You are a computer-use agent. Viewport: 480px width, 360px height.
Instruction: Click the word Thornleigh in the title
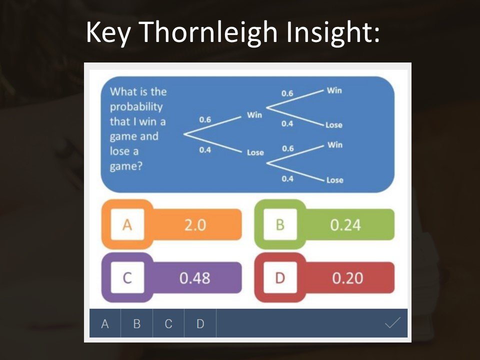(209, 32)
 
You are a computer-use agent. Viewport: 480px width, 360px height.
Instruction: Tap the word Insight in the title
(329, 32)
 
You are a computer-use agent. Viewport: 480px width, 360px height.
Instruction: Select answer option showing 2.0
(195, 225)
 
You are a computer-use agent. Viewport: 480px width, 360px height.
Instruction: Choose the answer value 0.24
(345, 225)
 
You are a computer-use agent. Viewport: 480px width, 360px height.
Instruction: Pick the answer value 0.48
(194, 278)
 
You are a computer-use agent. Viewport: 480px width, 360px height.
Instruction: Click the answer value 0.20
(347, 278)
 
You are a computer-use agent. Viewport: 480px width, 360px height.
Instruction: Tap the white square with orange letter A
(127, 224)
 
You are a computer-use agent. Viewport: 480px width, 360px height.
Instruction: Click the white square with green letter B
(280, 224)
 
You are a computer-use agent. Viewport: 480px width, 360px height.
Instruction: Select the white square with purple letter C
(127, 277)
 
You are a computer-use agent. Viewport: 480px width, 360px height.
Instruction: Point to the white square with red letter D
(280, 277)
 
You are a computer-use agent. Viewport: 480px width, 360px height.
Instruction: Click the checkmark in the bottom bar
(392, 322)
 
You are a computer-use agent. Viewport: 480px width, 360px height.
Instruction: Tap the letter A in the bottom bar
(104, 323)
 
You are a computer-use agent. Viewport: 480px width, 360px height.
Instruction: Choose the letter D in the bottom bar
(200, 323)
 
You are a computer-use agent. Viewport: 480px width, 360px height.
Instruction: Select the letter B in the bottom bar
(137, 323)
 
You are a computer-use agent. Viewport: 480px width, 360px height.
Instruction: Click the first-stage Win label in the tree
(254, 115)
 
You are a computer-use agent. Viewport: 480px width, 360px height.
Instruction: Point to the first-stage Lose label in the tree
(255, 152)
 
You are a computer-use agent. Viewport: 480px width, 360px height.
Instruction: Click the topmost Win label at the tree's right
(334, 90)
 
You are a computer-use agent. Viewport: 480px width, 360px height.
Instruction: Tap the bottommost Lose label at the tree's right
(334, 180)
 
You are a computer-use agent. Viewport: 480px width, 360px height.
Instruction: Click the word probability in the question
(136, 107)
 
